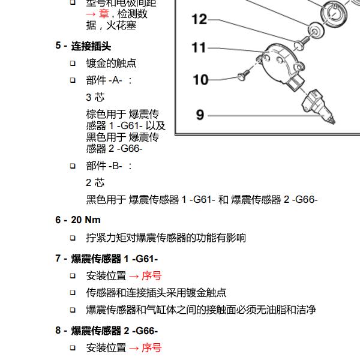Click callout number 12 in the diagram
[199, 20]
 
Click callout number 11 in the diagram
[199, 48]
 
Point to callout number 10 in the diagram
[200, 79]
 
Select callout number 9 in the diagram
[200, 114]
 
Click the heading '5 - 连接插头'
[83, 46]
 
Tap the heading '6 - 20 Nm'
[78, 220]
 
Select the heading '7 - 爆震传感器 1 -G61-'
[107, 259]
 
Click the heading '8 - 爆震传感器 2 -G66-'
[107, 331]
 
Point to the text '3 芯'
[95, 97]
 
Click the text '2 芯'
[95, 183]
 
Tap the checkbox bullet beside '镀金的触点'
[73, 63]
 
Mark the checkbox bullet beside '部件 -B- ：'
[73, 166]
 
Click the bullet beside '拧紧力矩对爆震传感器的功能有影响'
[73, 238]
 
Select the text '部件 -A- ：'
[109, 80]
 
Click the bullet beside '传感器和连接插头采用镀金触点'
[73, 293]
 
